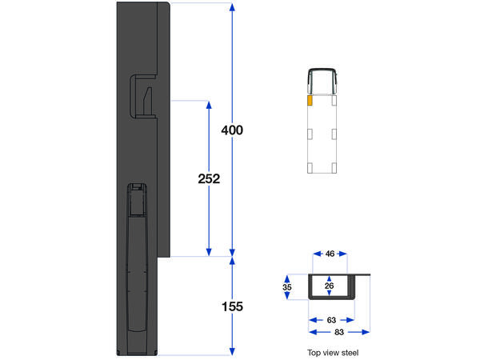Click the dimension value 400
[x=232, y=130]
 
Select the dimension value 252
[x=209, y=178]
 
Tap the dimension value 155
[x=232, y=306]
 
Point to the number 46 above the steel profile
[x=330, y=254]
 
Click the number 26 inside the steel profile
[x=330, y=285]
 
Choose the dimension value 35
[x=288, y=285]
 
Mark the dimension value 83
[x=339, y=331]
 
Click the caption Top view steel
[x=334, y=352]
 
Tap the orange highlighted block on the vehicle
[x=309, y=102]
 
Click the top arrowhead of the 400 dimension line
[x=232, y=7]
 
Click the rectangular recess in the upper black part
[x=143, y=95]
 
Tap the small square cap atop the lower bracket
[x=137, y=189]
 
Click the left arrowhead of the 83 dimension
[x=312, y=331]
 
